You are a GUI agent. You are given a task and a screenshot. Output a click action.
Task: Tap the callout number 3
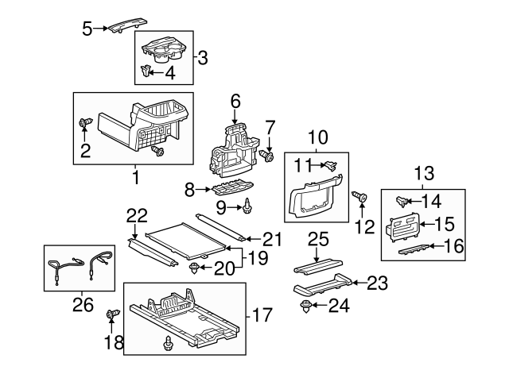[x=203, y=57]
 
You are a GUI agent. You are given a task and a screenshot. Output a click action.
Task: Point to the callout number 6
[x=235, y=101]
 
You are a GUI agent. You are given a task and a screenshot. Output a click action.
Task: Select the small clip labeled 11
[x=328, y=166]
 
